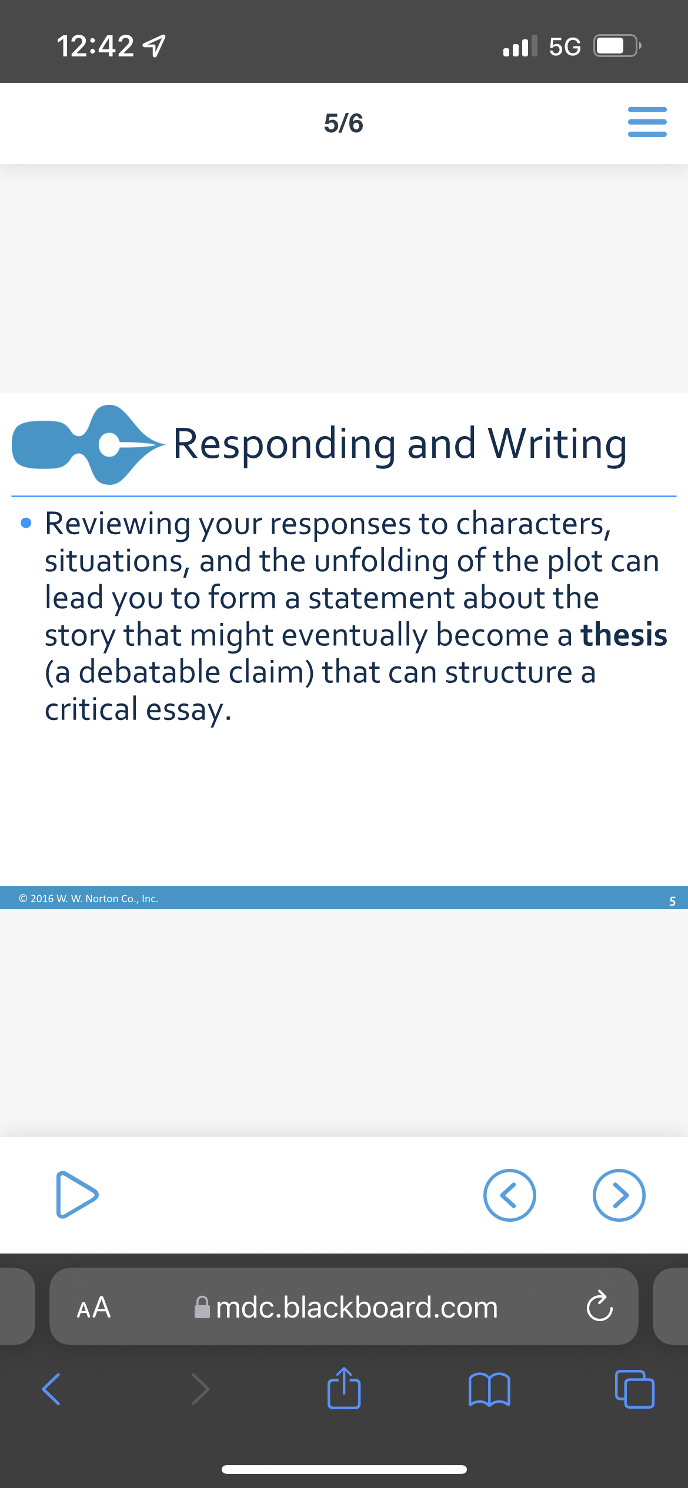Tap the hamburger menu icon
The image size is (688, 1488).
click(647, 122)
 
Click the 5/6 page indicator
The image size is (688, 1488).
click(343, 123)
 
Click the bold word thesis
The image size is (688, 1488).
click(624, 635)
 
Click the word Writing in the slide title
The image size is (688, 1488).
click(557, 444)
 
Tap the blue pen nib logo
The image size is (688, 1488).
click(88, 445)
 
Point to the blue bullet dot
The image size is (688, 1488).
click(26, 522)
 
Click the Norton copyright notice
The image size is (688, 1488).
click(88, 899)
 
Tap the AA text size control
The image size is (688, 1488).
click(93, 1307)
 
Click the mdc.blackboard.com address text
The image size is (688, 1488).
click(357, 1307)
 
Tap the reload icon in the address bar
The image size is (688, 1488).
click(600, 1306)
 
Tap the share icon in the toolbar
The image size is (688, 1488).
click(344, 1388)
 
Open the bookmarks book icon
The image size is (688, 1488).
click(489, 1389)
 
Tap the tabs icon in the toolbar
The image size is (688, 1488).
click(634, 1389)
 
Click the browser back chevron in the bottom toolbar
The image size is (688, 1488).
click(51, 1389)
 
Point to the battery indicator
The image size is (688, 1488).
click(617, 46)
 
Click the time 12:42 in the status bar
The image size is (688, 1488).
click(95, 46)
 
